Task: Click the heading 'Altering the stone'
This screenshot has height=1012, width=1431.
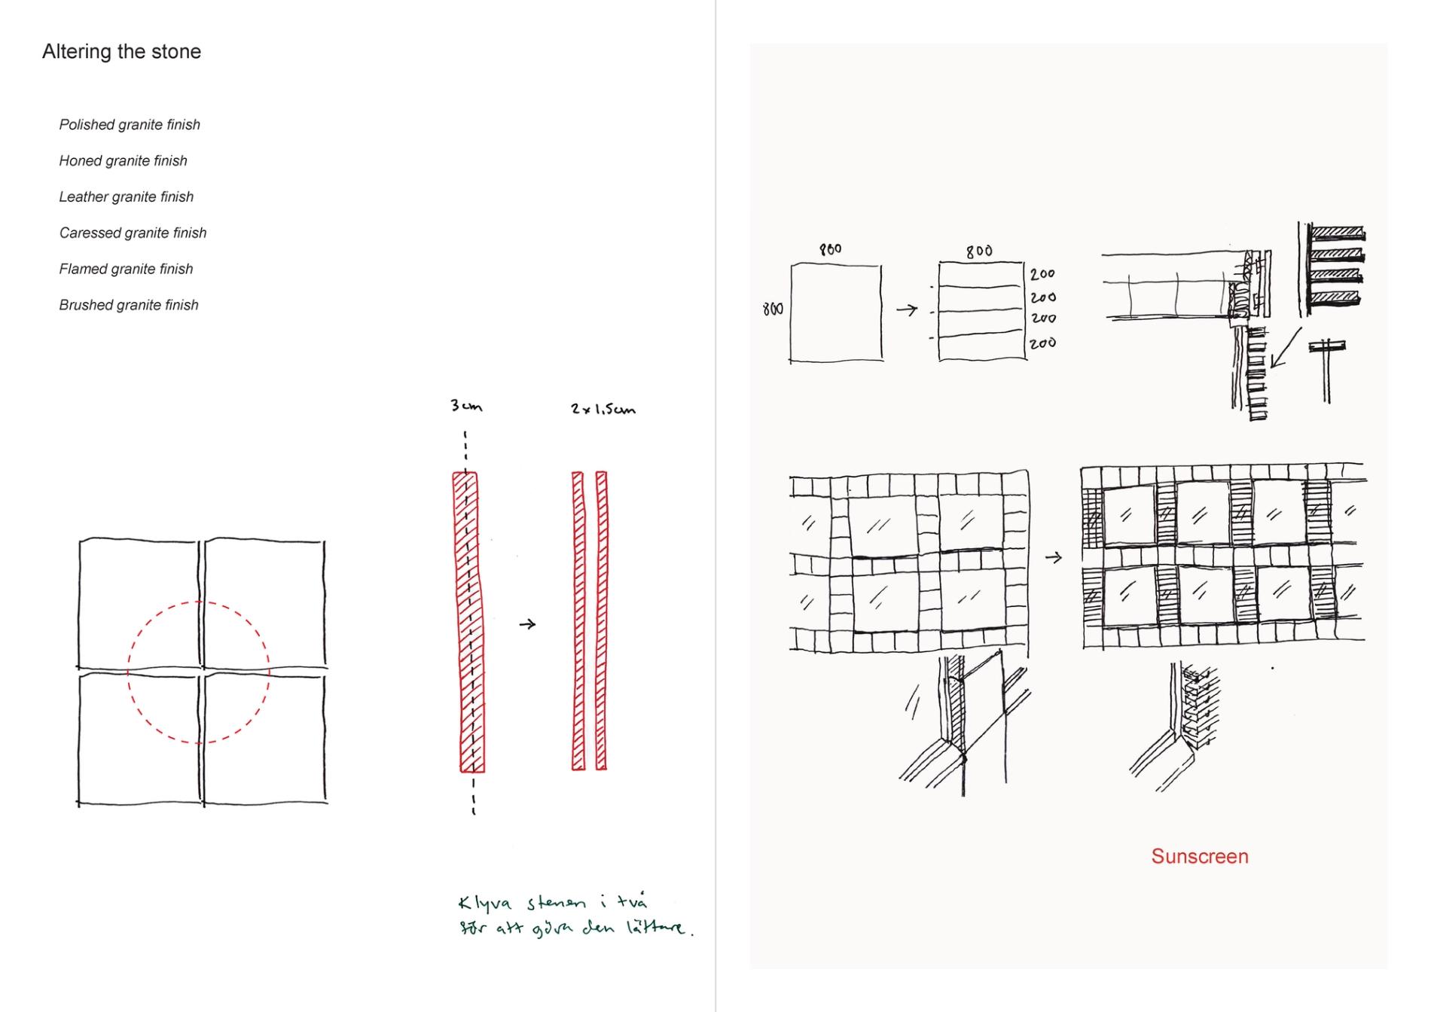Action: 121,51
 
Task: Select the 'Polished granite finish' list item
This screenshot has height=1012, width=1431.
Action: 130,124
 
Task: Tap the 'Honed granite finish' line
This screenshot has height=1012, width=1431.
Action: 123,160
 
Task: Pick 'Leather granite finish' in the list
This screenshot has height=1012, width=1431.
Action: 126,197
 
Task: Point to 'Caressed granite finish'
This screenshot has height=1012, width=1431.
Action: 133,233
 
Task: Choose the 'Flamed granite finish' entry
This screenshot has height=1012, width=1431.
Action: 126,269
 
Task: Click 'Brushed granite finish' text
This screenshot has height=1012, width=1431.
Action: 129,305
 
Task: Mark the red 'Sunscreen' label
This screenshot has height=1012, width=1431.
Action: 1199,856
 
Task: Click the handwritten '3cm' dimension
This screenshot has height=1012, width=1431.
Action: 466,406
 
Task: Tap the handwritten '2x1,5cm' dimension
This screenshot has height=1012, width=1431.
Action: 603,409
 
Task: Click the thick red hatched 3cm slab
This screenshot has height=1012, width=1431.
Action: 469,621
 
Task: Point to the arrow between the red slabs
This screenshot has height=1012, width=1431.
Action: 527,623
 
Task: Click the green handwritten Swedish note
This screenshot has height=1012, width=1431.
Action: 574,916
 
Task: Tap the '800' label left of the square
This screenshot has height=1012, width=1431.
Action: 773,309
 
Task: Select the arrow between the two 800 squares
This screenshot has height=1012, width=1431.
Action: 907,309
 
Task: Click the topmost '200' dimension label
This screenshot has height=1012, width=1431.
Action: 1042,274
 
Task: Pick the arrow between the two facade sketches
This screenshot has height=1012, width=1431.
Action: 1054,558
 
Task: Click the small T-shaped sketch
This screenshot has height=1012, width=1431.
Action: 1326,369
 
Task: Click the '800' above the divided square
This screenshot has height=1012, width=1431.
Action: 979,251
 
